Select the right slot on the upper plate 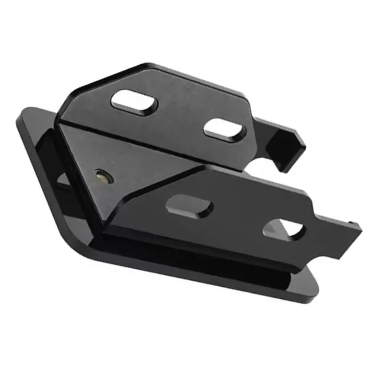click(x=224, y=129)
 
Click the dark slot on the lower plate click(x=189, y=207)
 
